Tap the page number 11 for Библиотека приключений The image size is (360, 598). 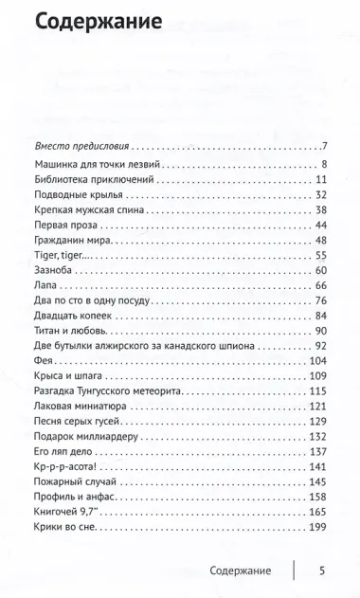(x=321, y=179)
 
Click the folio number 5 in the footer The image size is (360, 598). (x=322, y=571)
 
